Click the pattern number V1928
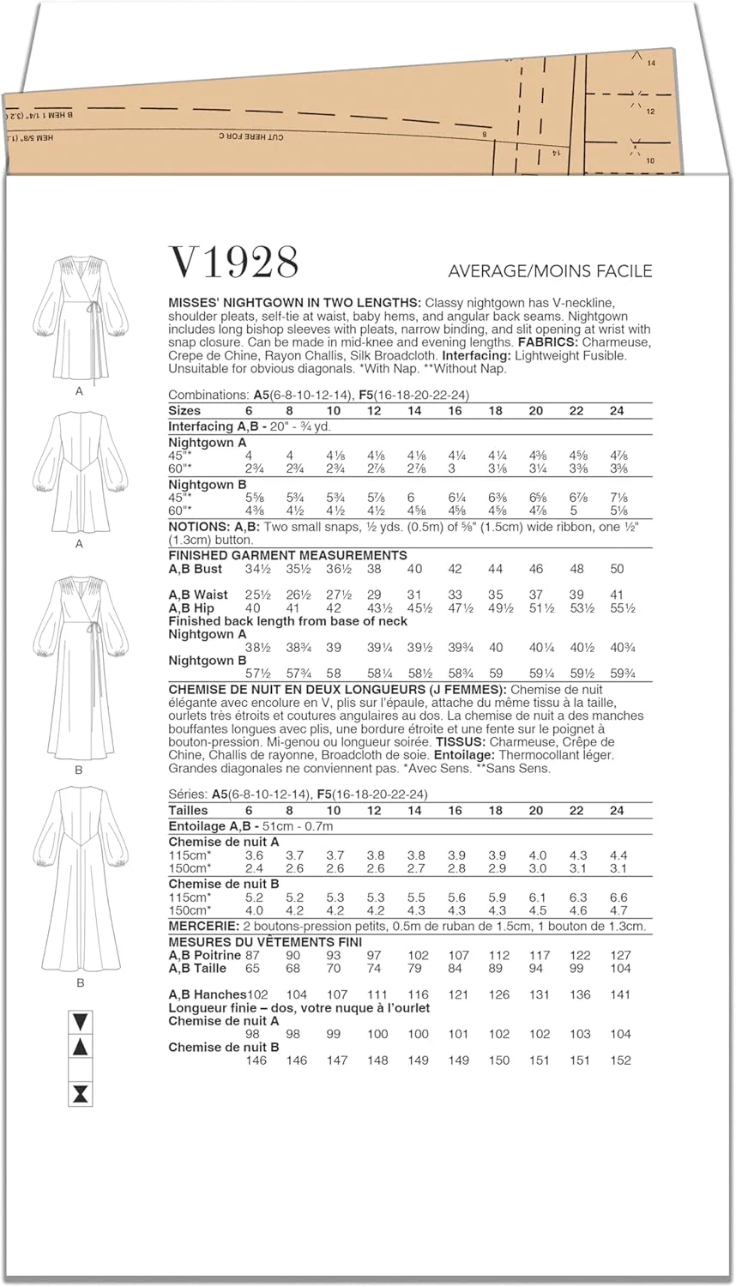click(x=233, y=262)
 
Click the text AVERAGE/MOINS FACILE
click(x=550, y=271)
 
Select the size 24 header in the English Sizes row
click(x=617, y=411)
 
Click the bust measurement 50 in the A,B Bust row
click(x=617, y=569)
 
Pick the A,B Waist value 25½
click(x=253, y=595)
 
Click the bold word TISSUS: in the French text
click(x=459, y=742)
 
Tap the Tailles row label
click(x=188, y=811)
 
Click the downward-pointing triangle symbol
click(x=81, y=1022)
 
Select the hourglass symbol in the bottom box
click(x=81, y=1094)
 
